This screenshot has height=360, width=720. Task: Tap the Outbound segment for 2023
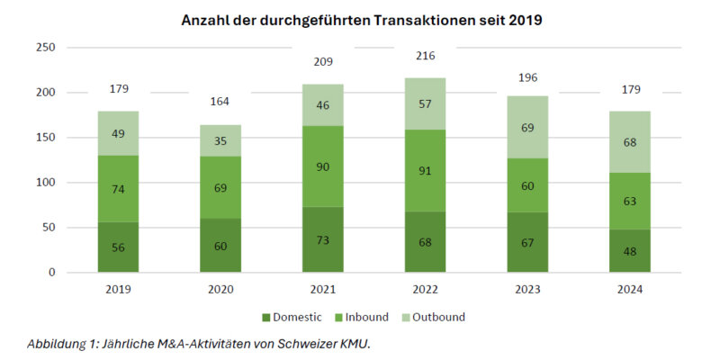pos(528,127)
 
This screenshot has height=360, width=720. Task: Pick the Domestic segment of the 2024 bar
pos(630,251)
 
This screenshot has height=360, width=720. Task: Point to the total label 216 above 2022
pos(426,56)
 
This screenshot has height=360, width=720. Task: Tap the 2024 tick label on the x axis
pos(630,289)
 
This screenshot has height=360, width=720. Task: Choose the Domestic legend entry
pos(292,317)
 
